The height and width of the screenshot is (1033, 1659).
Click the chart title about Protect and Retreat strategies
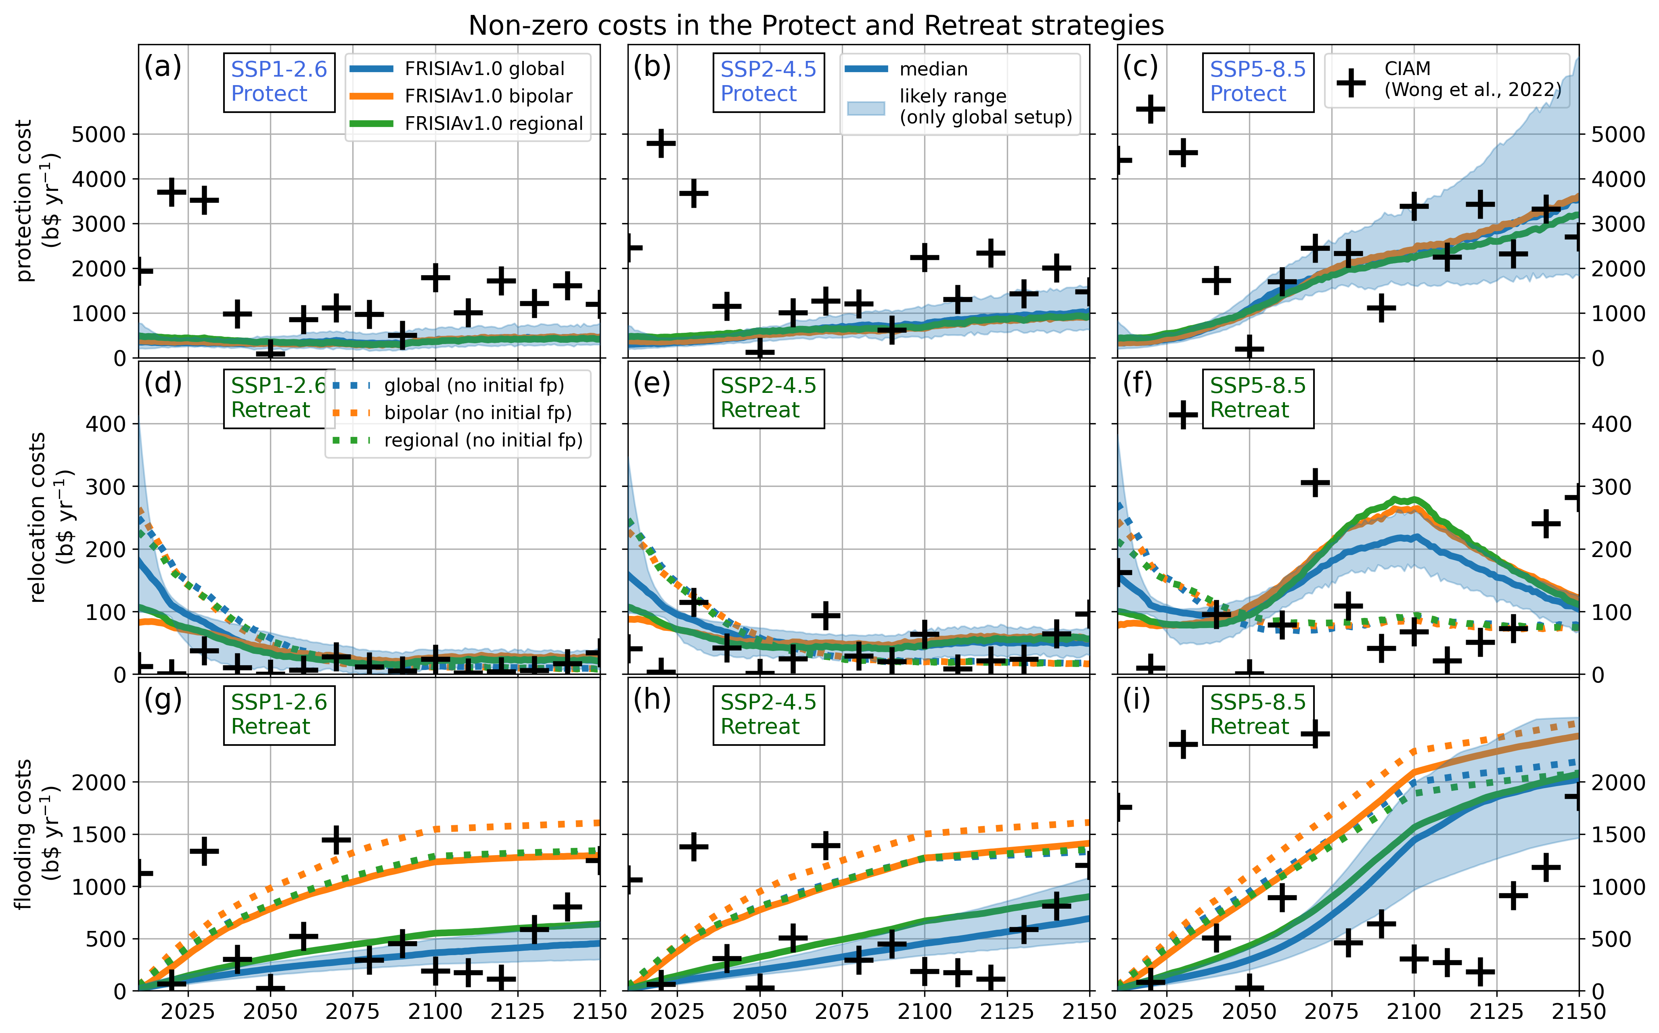pyautogui.click(x=816, y=26)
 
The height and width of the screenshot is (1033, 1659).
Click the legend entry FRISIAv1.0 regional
pyautogui.click(x=494, y=124)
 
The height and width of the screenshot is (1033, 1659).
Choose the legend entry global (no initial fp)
pyautogui.click(x=474, y=386)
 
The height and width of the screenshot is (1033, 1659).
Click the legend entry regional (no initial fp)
pyautogui.click(x=483, y=440)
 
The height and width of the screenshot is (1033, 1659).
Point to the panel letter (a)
pyautogui.click(x=163, y=67)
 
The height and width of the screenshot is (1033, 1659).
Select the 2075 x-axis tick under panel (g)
pyautogui.click(x=353, y=1012)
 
